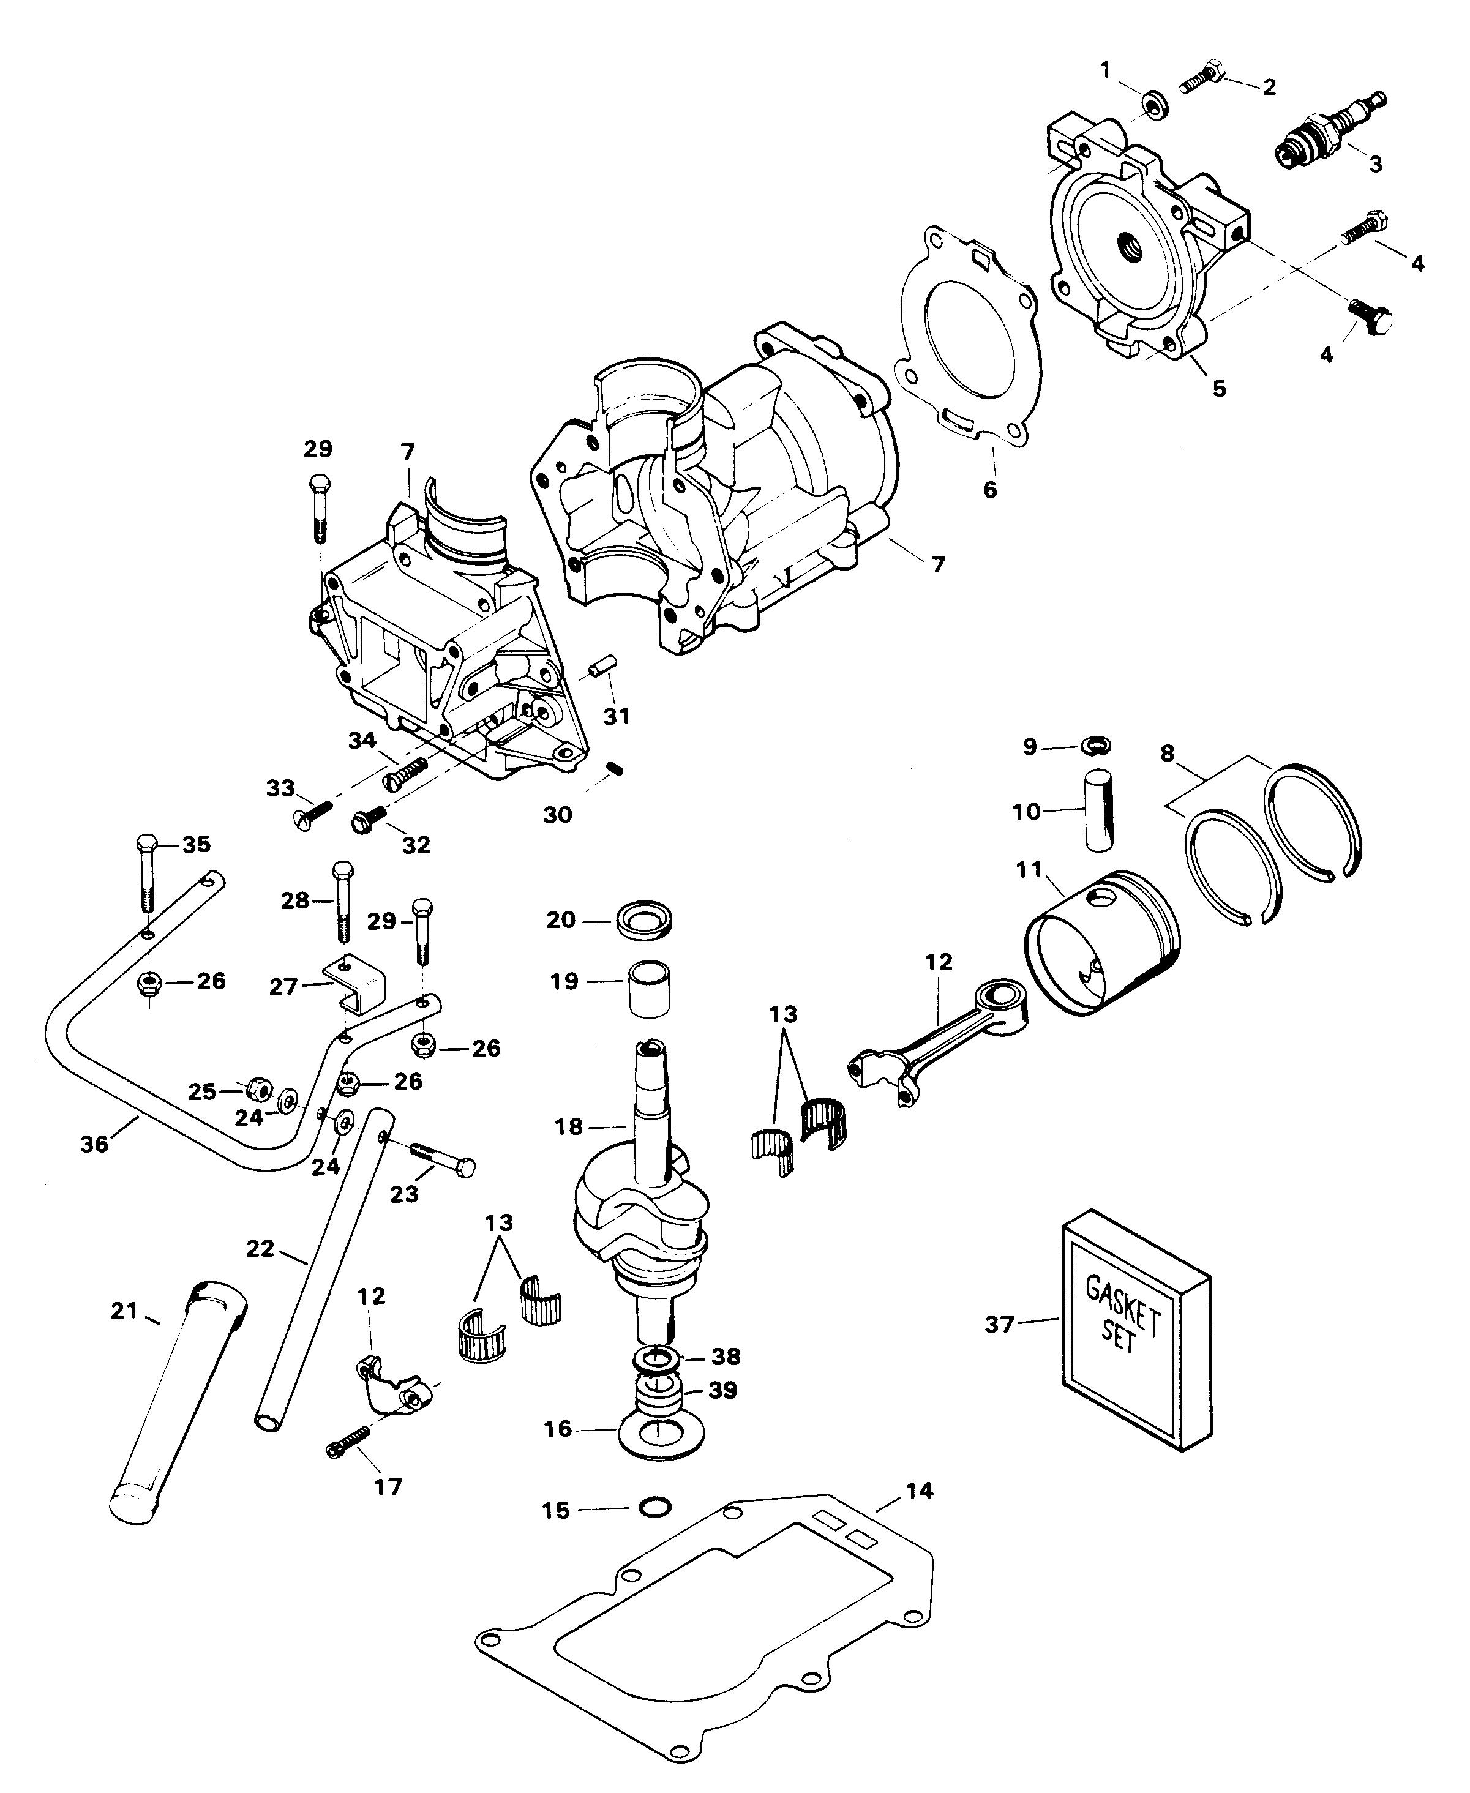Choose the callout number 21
coord(124,1311)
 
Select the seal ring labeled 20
coord(645,920)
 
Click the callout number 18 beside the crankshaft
coord(569,1127)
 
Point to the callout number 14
coord(920,1490)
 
